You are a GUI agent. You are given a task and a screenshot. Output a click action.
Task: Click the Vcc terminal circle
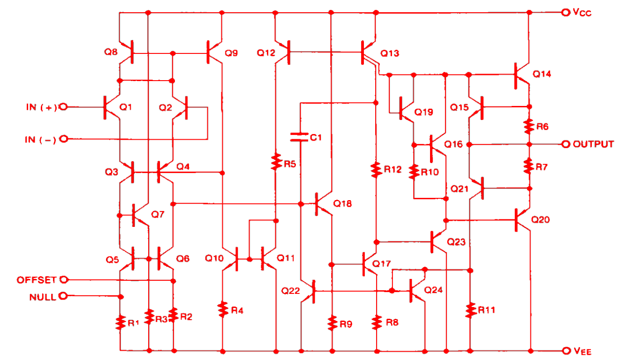pyautogui.click(x=565, y=13)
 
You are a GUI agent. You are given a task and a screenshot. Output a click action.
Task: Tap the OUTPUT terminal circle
pyautogui.click(x=565, y=144)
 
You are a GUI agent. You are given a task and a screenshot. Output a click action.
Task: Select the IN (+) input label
pyautogui.click(x=41, y=107)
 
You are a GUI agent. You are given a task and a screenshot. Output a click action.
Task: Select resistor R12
pyautogui.click(x=376, y=170)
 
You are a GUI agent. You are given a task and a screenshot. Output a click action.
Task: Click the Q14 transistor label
pyautogui.click(x=542, y=74)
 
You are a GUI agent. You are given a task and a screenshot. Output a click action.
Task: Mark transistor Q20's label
pyautogui.click(x=541, y=219)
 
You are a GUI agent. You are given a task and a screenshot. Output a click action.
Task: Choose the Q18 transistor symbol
pyautogui.click(x=321, y=204)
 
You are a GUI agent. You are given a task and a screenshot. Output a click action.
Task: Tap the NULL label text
pyautogui.click(x=42, y=297)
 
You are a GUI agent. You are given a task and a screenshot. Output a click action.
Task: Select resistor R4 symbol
pyautogui.click(x=223, y=309)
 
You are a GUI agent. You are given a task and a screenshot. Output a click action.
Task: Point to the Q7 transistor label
pyautogui.click(x=159, y=215)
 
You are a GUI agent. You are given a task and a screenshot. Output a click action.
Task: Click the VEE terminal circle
pyautogui.click(x=565, y=351)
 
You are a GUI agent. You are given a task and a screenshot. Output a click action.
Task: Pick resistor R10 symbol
pyautogui.click(x=414, y=172)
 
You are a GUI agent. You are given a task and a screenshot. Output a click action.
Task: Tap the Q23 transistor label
pyautogui.click(x=456, y=242)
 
